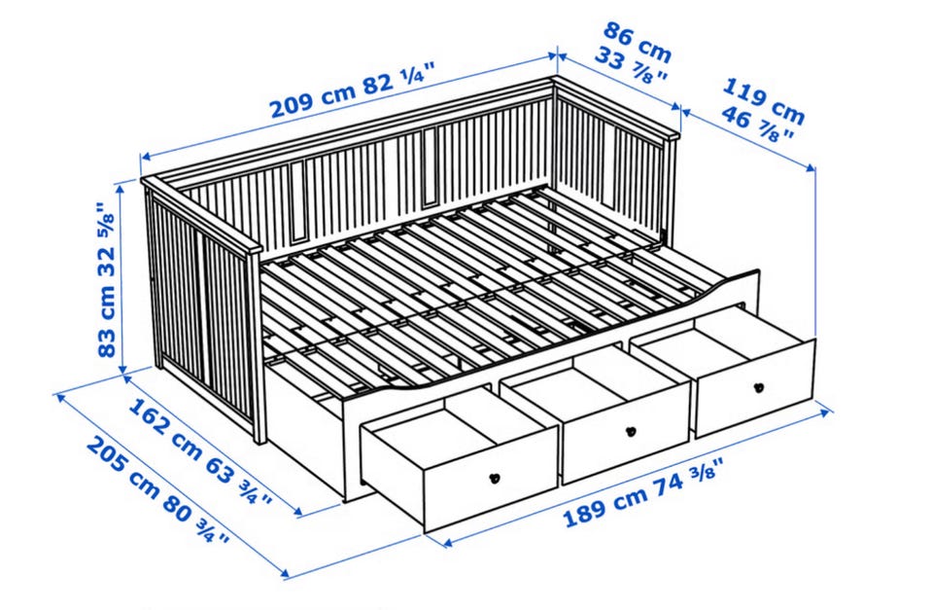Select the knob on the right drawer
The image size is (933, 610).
point(759,388)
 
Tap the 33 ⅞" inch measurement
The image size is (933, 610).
point(631,67)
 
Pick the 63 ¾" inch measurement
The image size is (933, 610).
point(239,479)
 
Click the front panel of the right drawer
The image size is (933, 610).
point(754,389)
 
